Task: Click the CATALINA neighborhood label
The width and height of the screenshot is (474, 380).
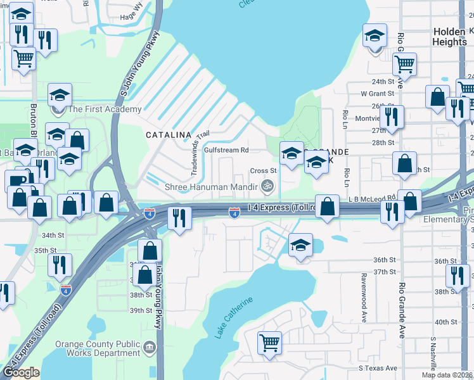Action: click(x=169, y=135)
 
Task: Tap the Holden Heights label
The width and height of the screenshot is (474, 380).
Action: click(x=449, y=36)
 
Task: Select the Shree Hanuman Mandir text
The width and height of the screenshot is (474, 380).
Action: click(x=210, y=187)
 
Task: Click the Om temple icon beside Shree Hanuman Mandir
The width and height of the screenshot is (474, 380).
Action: click(x=267, y=186)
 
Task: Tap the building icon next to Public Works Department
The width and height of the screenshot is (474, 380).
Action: click(x=150, y=346)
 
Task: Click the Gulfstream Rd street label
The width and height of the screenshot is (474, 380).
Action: click(x=226, y=150)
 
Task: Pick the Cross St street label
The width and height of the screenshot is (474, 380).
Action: click(x=263, y=170)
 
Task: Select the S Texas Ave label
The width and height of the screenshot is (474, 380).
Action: click(x=378, y=368)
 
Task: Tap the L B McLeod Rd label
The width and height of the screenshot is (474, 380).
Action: click(x=372, y=198)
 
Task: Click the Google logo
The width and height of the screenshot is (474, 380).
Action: click(x=21, y=372)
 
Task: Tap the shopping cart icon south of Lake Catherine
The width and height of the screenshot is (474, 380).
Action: click(x=269, y=343)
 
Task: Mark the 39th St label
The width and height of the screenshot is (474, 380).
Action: click(x=141, y=311)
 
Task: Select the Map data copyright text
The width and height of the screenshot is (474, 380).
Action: click(x=447, y=375)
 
